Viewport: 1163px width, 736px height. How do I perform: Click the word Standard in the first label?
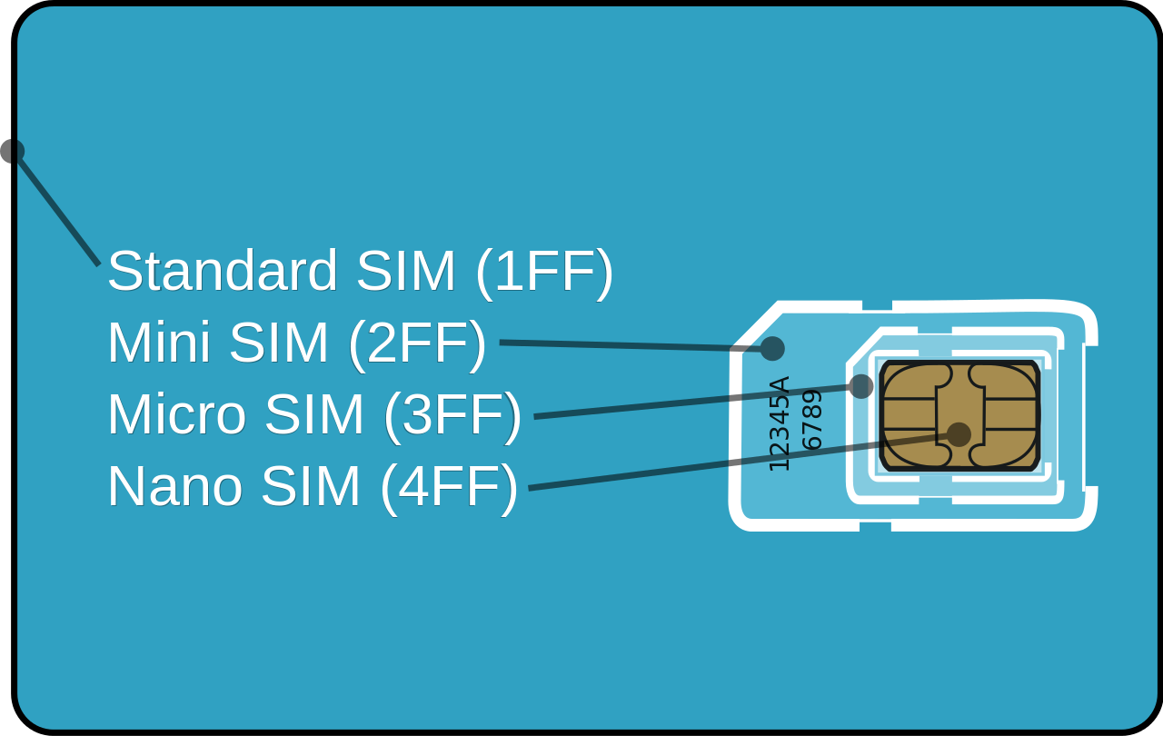point(222,271)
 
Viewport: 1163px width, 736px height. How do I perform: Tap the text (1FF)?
point(543,271)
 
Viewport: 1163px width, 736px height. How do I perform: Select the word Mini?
point(158,343)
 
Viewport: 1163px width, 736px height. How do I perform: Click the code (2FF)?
point(416,343)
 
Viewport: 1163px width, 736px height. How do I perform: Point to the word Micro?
point(176,414)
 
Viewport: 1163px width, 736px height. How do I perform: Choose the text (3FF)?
point(452,414)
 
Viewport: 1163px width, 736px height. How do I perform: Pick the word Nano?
point(174,486)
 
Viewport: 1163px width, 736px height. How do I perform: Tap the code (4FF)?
point(449,486)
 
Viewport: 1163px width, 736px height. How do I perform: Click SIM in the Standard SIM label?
point(405,271)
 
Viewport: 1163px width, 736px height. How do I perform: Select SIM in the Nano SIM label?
point(310,486)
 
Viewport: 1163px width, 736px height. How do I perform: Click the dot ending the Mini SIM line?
point(772,349)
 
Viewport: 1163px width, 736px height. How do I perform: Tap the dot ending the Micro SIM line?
point(860,386)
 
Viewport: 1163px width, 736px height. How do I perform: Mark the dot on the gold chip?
point(959,434)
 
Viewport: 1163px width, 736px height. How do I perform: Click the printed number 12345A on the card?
point(780,423)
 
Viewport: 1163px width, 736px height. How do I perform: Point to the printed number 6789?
point(810,420)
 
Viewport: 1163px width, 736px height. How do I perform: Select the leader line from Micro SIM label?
point(691,402)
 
